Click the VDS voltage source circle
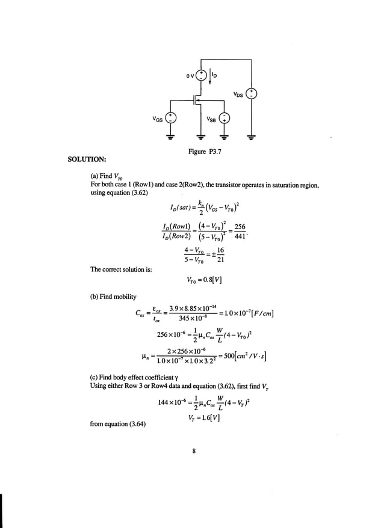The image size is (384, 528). pos(253,94)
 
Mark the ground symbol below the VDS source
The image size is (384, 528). pos(253,138)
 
